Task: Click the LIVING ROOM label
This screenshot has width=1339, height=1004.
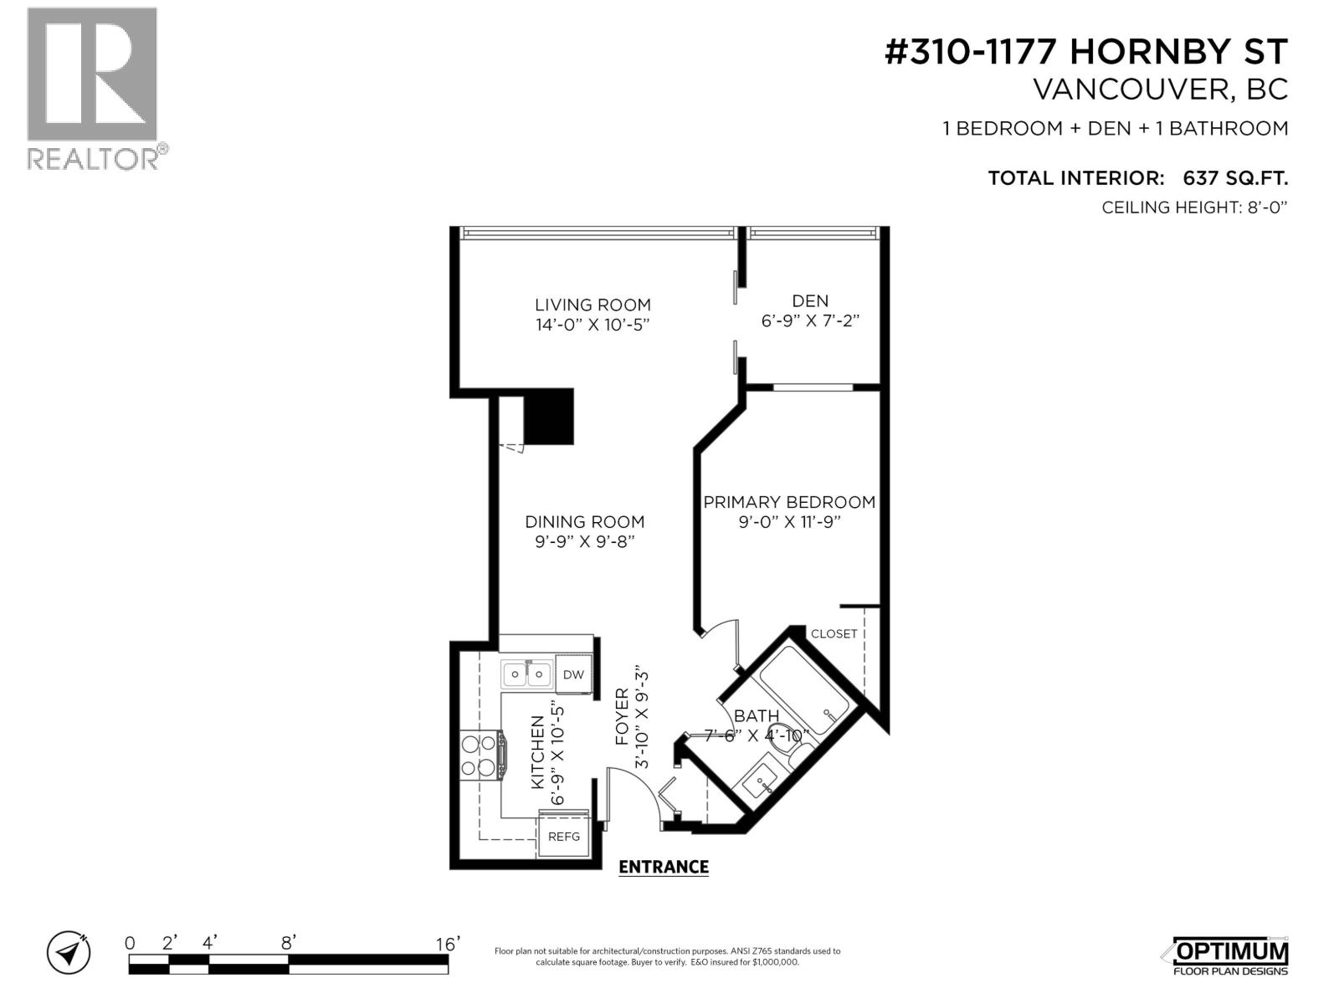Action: (x=593, y=305)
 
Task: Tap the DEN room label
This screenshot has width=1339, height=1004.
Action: (x=810, y=301)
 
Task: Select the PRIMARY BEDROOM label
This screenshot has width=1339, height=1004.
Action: (x=788, y=502)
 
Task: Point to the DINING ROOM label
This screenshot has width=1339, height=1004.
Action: (x=584, y=521)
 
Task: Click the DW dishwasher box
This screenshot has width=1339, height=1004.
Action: (x=573, y=674)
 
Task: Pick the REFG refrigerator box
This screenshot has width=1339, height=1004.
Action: (x=563, y=836)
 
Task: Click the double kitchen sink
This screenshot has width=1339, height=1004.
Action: (x=526, y=673)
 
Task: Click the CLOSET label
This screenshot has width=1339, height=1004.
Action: (x=834, y=633)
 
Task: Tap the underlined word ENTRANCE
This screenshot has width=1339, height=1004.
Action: (x=663, y=867)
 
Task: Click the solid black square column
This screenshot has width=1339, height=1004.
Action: (x=548, y=417)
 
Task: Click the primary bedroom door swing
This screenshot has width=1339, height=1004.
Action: (x=721, y=641)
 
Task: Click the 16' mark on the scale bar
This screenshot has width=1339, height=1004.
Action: (x=448, y=944)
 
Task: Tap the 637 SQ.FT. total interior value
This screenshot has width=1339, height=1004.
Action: (x=1234, y=177)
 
